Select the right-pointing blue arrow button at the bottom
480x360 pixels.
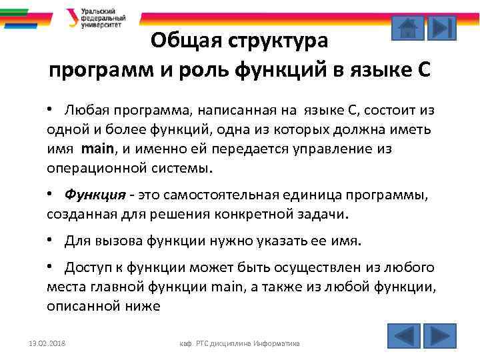(x=439, y=335)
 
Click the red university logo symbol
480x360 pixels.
(x=71, y=17)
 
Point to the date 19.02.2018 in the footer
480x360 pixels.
(x=43, y=343)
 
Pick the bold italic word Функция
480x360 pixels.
(x=95, y=195)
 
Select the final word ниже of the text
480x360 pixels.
(x=141, y=306)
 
